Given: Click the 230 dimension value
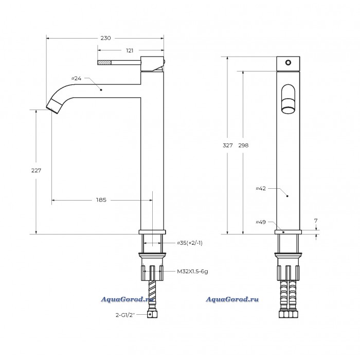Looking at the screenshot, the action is click(x=105, y=38).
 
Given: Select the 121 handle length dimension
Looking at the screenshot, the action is click(x=130, y=50).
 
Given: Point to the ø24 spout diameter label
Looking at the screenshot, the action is click(x=76, y=78).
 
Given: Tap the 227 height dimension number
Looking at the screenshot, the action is click(x=36, y=170).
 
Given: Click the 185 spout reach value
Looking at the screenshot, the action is click(x=101, y=200).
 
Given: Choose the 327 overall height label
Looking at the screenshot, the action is click(x=227, y=146).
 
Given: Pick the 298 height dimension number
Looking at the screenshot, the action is click(x=243, y=146).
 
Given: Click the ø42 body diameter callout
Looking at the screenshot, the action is click(x=261, y=189).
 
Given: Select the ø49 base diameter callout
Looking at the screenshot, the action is click(x=261, y=222).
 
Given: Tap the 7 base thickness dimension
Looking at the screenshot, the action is click(x=316, y=221).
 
